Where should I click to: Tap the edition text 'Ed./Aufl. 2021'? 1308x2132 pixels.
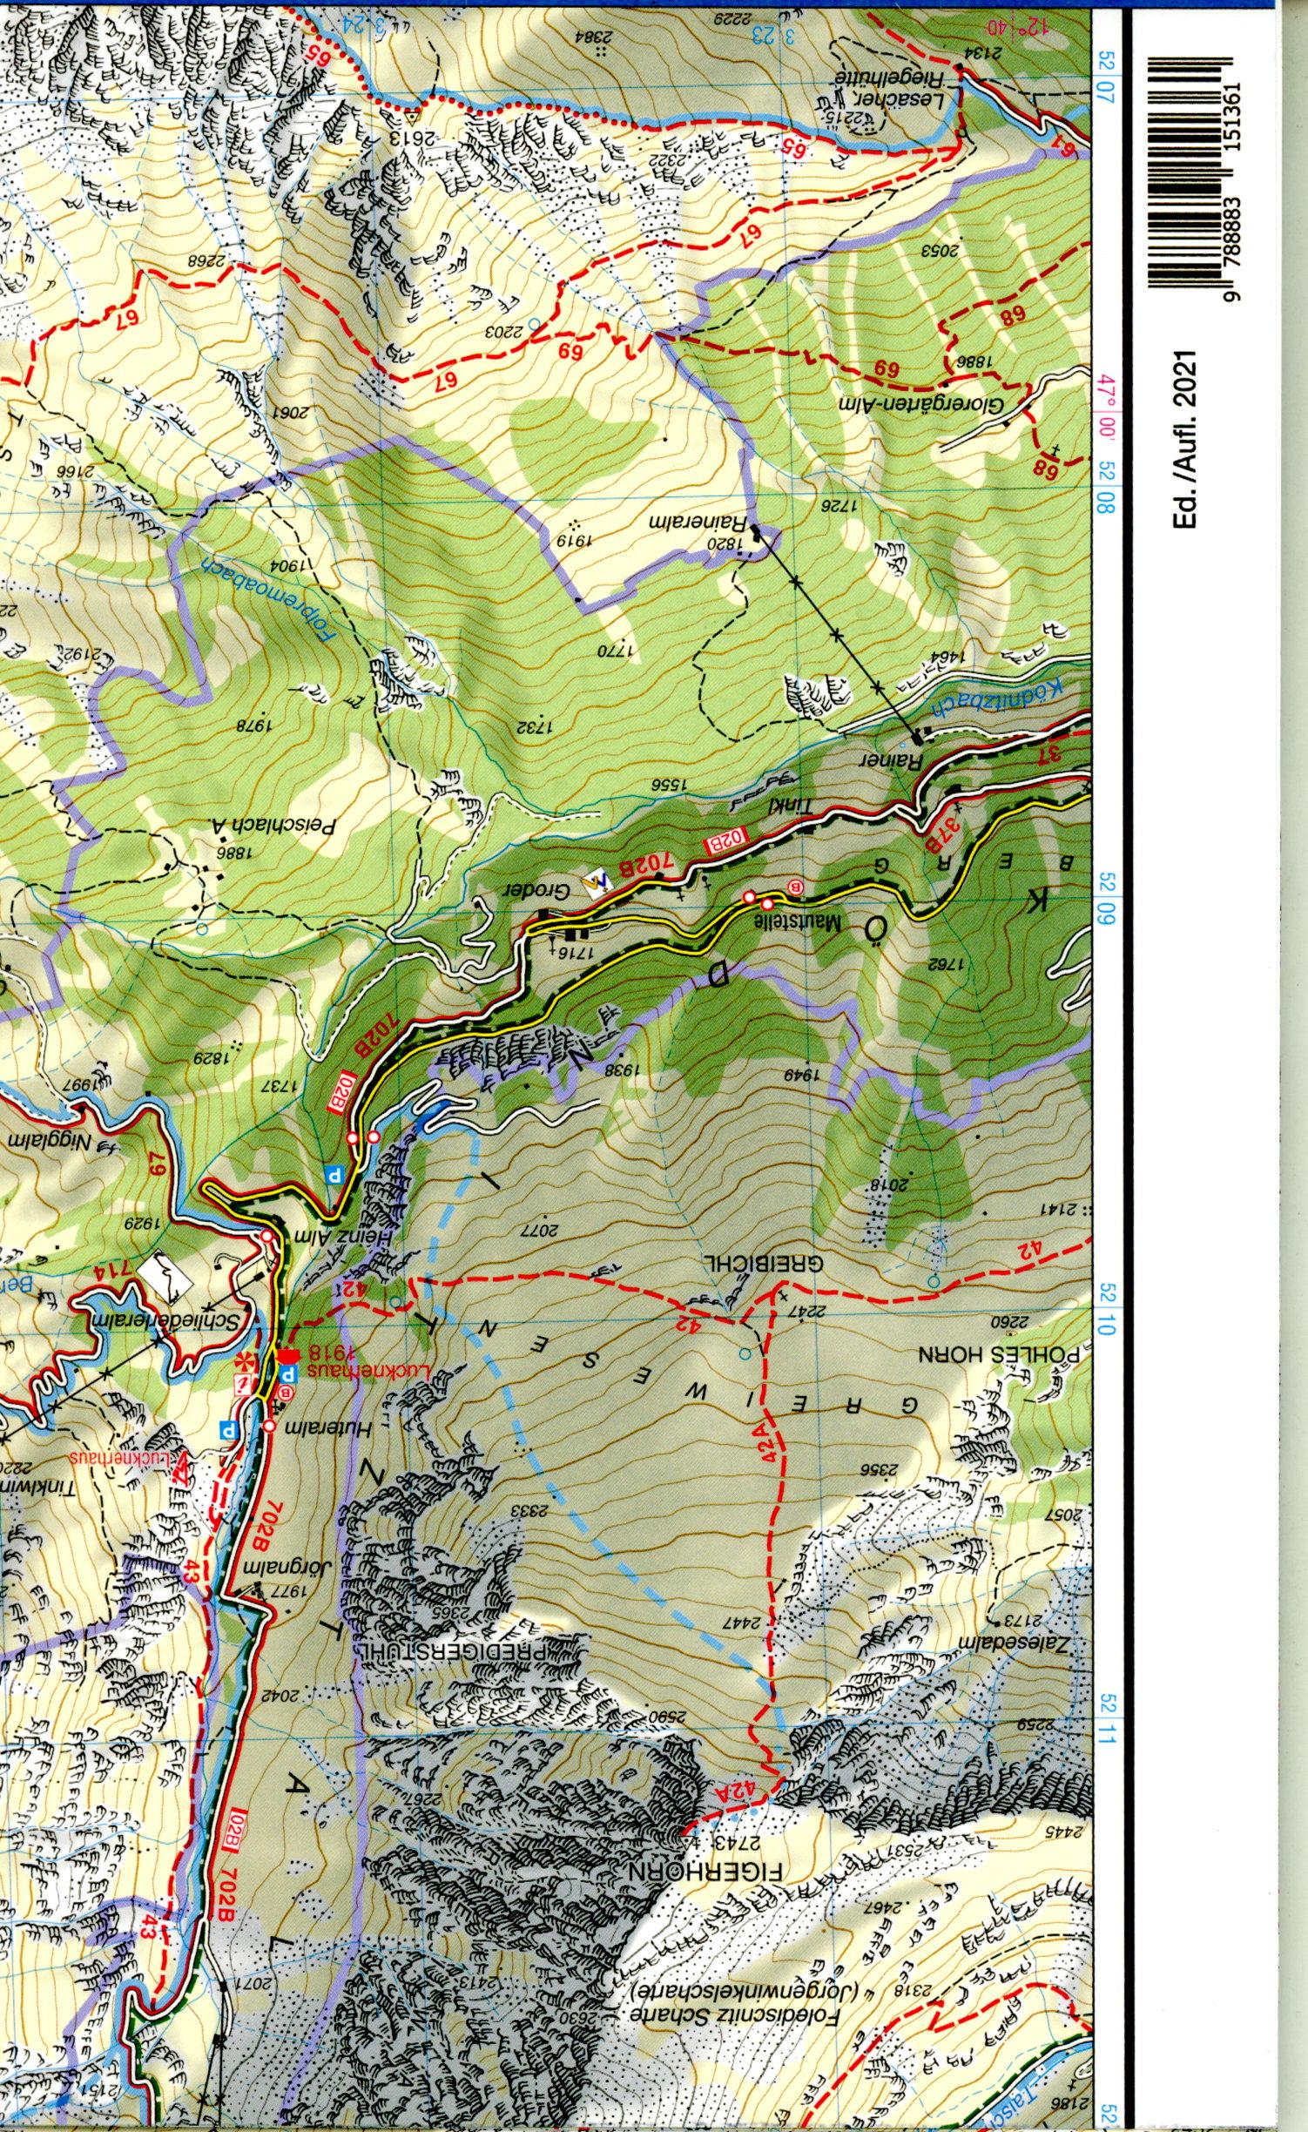pos(1186,437)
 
